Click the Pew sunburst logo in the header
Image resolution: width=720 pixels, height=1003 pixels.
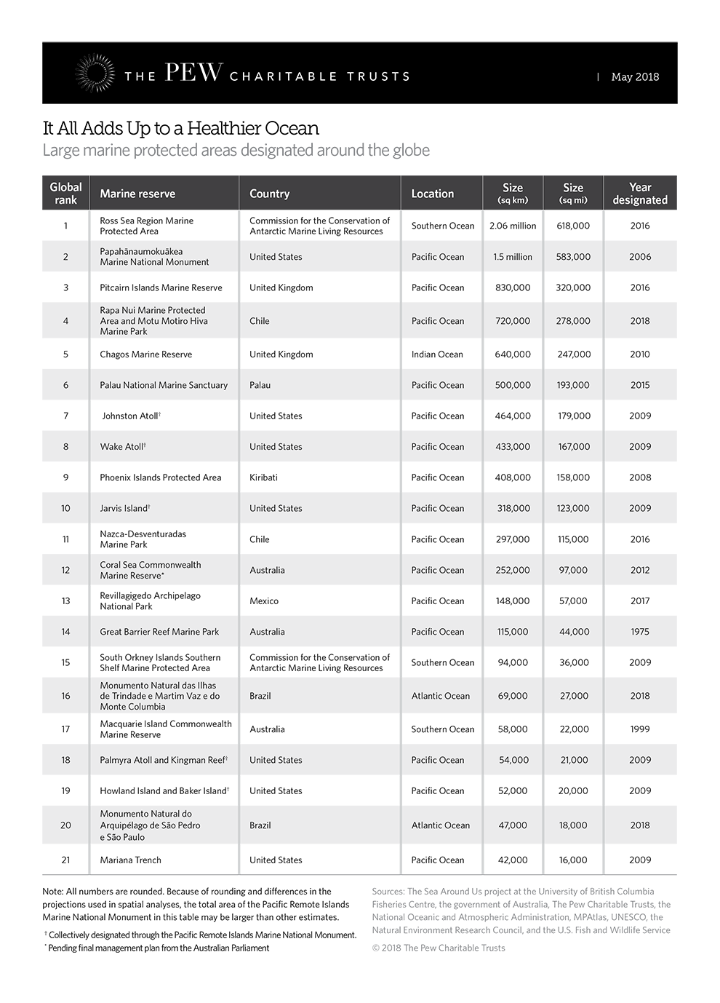[95, 74]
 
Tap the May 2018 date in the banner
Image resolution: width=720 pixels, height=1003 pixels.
[635, 76]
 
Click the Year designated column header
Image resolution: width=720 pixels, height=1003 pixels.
[640, 194]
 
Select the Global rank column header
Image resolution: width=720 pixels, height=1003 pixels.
[65, 194]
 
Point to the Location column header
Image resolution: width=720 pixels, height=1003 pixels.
[432, 194]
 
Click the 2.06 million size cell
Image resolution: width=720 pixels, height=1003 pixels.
[513, 226]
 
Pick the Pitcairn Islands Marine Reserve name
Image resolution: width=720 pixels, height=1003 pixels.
[161, 288]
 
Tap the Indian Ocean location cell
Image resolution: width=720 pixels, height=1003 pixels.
[437, 354]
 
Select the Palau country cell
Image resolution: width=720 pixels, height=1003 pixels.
[260, 385]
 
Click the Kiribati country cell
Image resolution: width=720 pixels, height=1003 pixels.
[263, 477]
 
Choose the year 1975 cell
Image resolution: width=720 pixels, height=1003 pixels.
[640, 632]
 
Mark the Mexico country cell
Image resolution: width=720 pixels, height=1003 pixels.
[264, 601]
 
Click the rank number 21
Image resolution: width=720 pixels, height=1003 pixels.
[65, 860]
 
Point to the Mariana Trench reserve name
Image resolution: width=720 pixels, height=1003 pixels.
[131, 860]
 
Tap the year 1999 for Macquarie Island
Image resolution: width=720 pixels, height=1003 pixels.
[640, 729]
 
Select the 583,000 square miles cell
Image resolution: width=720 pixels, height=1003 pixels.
[573, 257]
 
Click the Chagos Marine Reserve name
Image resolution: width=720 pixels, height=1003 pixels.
[146, 354]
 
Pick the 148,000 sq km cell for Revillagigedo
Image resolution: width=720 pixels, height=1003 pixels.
[513, 601]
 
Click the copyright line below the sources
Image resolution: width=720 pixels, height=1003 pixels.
[439, 948]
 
